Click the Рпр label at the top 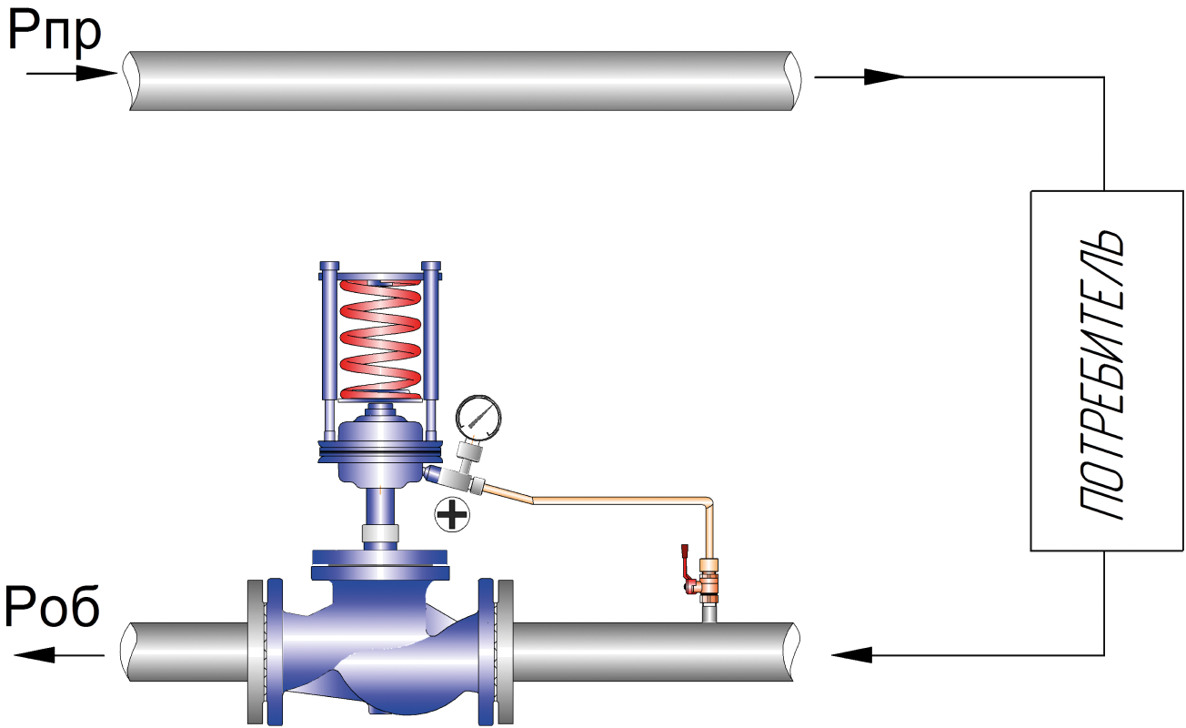[x=55, y=35]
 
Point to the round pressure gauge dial [x=479, y=418]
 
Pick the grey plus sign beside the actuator [x=452, y=515]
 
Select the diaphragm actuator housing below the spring [x=378, y=454]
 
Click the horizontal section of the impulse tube [x=618, y=500]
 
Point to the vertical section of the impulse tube [x=709, y=532]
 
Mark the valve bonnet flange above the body [x=379, y=563]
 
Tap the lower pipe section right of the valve [x=650, y=651]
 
